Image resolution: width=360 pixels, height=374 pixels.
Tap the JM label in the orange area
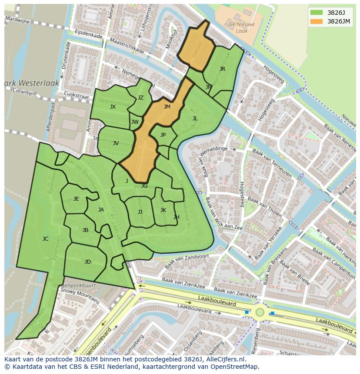click(x=167, y=106)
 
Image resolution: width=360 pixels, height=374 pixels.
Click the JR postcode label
click(x=222, y=69)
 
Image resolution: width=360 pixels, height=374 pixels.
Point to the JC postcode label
click(x=45, y=238)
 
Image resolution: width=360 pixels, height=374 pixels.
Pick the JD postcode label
click(x=87, y=261)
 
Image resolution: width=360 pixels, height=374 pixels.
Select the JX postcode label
click(x=113, y=106)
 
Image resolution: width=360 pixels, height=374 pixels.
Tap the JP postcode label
click(x=163, y=135)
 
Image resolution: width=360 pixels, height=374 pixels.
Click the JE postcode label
click(x=76, y=199)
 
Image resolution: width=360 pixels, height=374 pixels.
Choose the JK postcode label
click(x=163, y=210)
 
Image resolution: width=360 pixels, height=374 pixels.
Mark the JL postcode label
click(x=195, y=118)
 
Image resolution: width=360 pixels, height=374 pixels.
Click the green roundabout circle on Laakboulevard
click(x=260, y=312)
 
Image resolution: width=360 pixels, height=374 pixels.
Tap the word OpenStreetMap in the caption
click(x=235, y=367)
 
